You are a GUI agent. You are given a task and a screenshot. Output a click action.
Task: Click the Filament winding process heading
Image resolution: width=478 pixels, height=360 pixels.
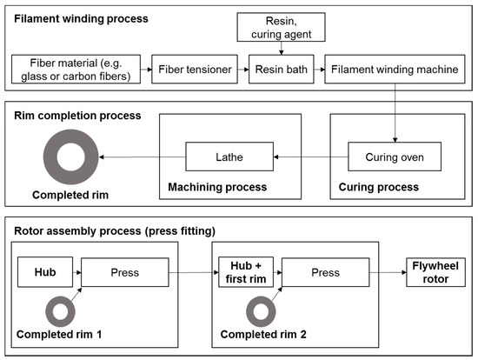coord(75,18)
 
